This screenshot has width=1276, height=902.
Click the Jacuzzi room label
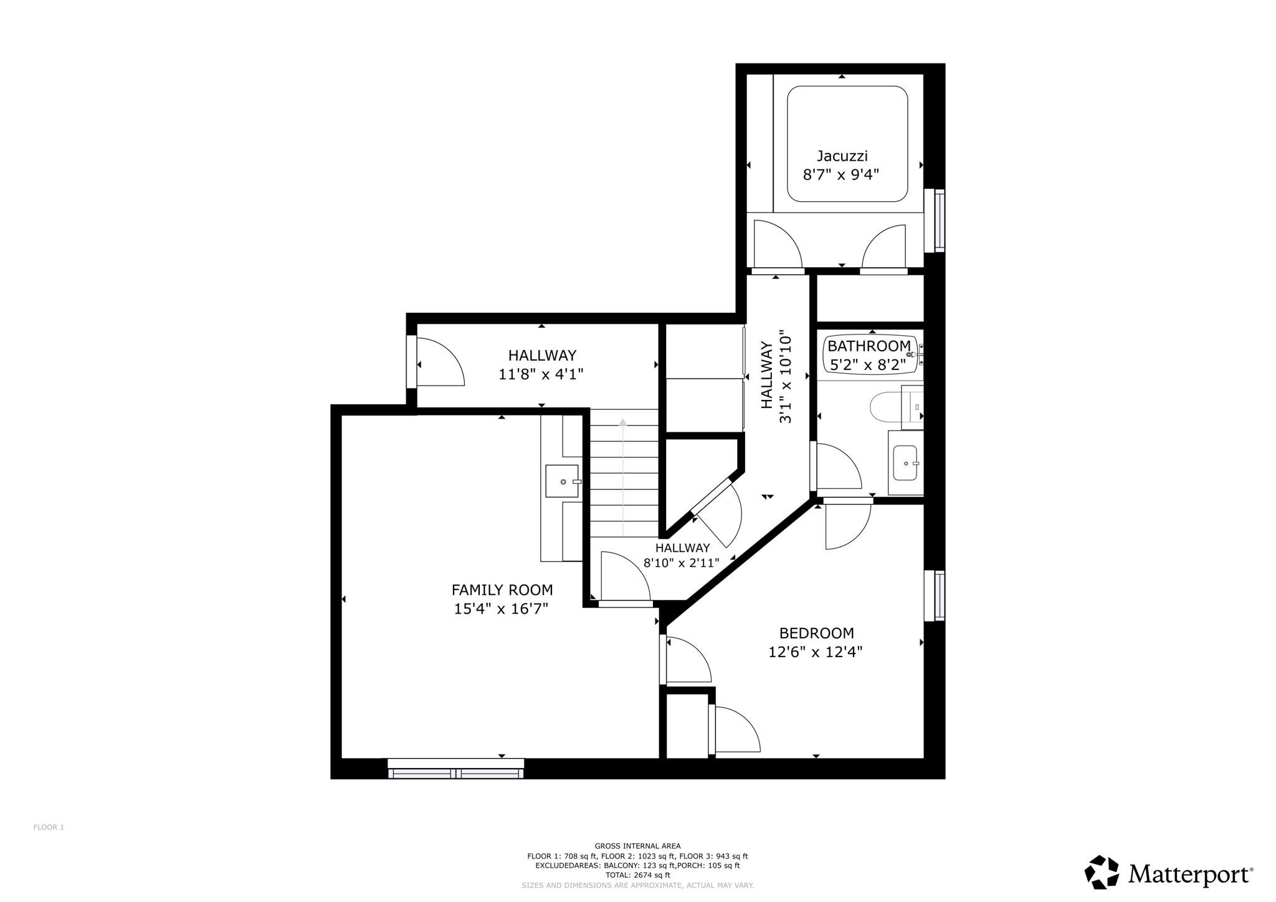coord(842,156)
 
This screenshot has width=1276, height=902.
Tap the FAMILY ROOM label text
coord(502,589)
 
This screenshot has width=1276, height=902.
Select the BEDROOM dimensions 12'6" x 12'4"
coord(815,652)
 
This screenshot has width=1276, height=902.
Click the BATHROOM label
coord(869,346)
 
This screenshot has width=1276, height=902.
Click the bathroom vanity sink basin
coord(905,463)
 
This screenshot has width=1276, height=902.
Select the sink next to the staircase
coord(561,481)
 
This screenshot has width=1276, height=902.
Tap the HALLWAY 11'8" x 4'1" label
coord(541,364)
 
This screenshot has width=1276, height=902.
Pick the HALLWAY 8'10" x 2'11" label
coord(682,555)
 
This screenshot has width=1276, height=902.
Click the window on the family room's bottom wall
coord(455,769)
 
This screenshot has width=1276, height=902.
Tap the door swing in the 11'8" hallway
coord(439,363)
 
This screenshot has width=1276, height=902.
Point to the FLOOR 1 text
coord(49,827)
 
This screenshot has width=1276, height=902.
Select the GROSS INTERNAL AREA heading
coord(637,846)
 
